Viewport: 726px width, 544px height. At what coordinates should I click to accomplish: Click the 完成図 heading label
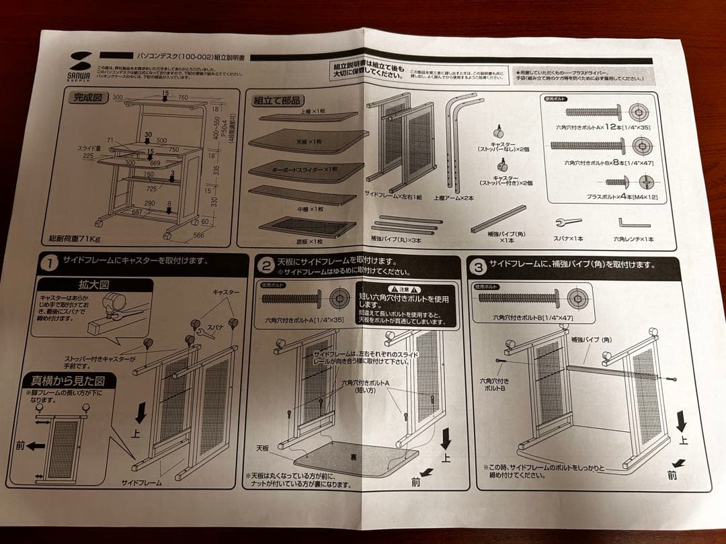coord(87,97)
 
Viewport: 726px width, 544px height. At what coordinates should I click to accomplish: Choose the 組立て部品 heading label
coord(277,101)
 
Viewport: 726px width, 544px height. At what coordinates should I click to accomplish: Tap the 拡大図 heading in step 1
coord(95,285)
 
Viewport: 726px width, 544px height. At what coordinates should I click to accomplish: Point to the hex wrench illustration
coord(633,223)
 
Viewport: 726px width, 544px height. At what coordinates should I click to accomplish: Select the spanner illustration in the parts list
coord(567,222)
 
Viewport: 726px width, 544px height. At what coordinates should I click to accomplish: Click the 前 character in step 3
coord(672,475)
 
